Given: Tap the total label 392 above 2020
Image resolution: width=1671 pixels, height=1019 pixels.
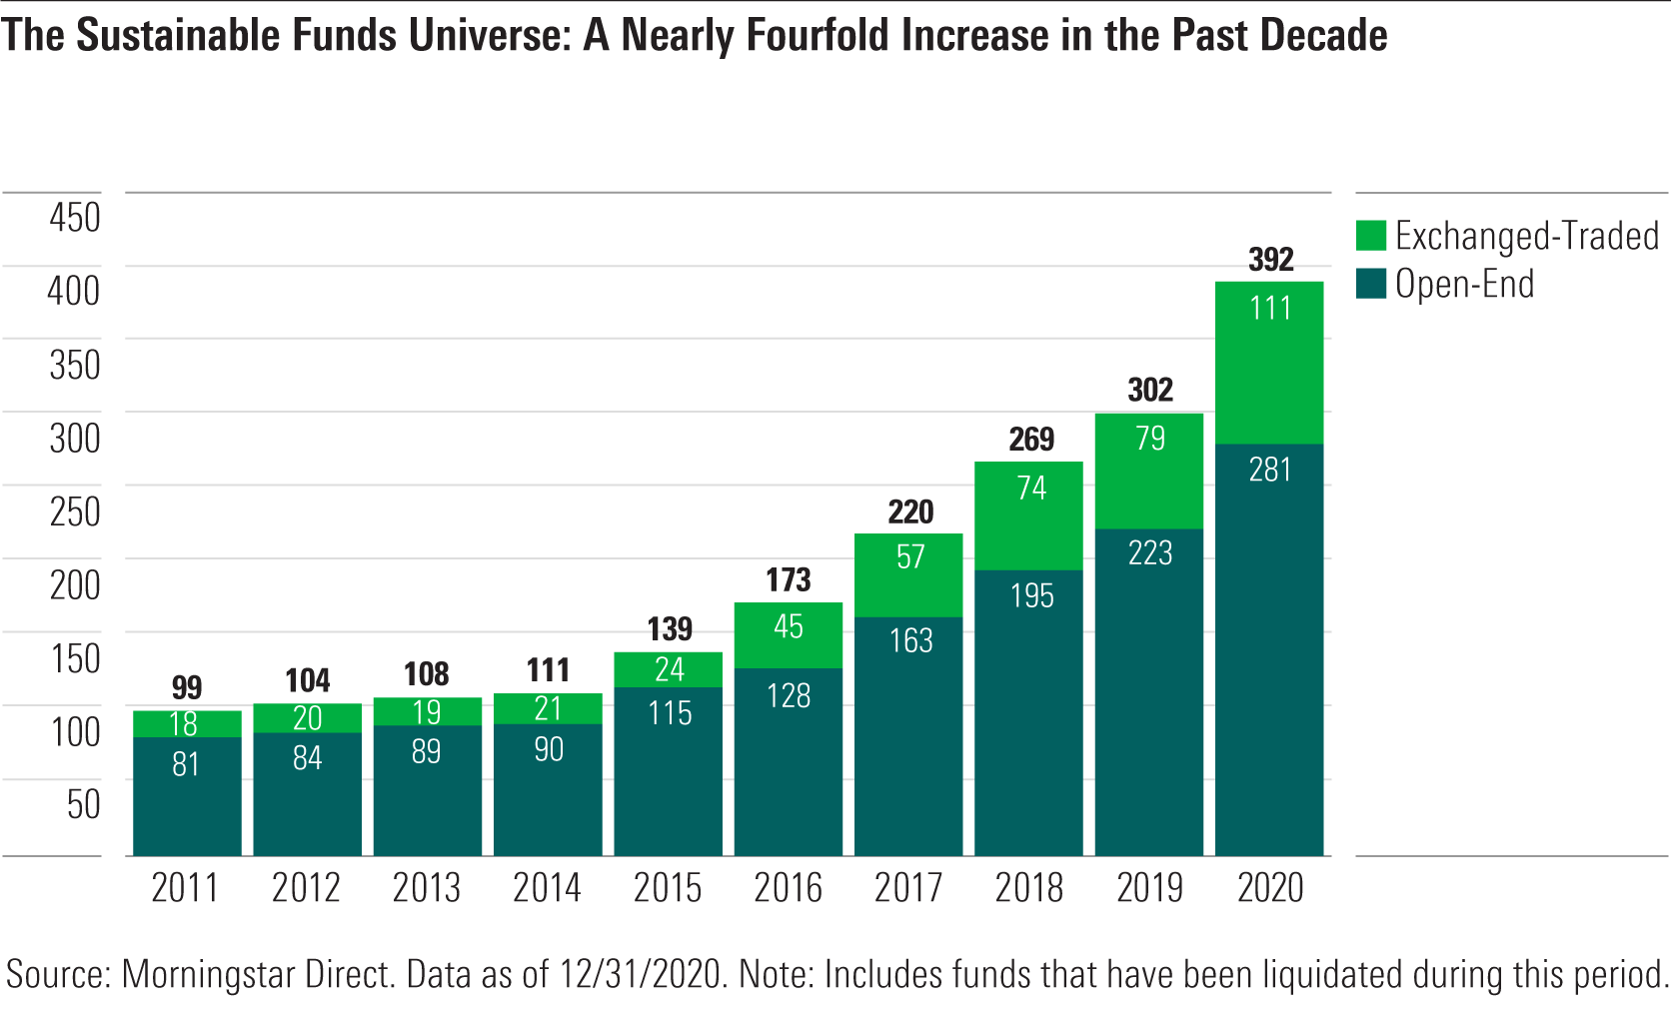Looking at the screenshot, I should click(x=1270, y=260).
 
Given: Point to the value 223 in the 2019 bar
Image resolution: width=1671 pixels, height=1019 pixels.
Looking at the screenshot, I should click(x=1149, y=553).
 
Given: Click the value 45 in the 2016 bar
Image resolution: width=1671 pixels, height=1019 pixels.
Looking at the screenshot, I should click(x=788, y=626).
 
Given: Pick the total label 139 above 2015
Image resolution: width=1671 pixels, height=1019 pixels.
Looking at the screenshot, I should click(x=669, y=629).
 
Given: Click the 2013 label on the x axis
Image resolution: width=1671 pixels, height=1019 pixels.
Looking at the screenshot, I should click(x=426, y=888).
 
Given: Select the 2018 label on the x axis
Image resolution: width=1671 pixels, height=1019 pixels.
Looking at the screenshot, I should click(x=1028, y=888).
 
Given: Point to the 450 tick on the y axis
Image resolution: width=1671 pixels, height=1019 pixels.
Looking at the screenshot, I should click(x=75, y=218).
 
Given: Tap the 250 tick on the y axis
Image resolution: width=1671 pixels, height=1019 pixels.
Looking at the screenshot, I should click(x=75, y=511).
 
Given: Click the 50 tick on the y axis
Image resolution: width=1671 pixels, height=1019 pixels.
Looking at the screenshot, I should click(x=83, y=804).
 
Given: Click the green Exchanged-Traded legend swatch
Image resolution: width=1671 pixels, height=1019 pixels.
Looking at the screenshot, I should click(x=1370, y=236).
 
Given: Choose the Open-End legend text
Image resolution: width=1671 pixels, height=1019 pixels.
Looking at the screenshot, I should click(x=1464, y=285).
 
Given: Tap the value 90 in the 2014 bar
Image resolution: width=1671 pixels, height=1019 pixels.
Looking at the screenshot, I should click(x=548, y=749).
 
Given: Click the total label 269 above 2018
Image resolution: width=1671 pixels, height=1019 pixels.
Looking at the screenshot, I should click(x=1030, y=440).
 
